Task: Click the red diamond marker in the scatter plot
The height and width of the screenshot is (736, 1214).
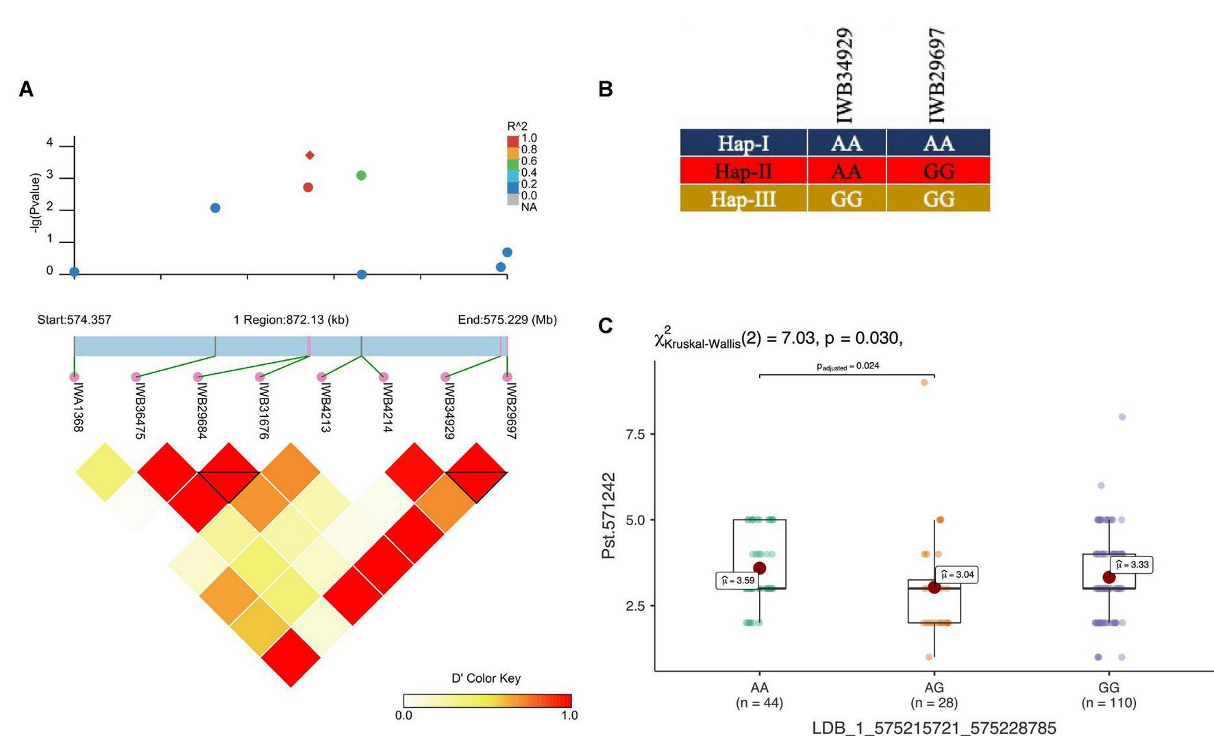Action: click(x=310, y=155)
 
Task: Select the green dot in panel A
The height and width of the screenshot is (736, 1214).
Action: click(x=361, y=175)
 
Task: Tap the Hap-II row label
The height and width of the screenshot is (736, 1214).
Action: click(x=743, y=170)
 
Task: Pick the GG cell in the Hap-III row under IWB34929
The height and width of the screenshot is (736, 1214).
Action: click(x=846, y=199)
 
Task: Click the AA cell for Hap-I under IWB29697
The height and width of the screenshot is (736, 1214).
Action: click(x=938, y=143)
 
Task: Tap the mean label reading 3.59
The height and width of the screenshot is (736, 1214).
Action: click(x=737, y=581)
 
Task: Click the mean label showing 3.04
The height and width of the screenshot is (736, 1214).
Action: click(x=956, y=574)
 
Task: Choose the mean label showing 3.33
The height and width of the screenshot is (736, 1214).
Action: click(x=1132, y=565)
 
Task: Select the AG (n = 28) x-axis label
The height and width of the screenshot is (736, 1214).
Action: click(x=934, y=695)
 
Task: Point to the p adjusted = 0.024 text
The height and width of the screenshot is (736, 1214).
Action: click(x=847, y=366)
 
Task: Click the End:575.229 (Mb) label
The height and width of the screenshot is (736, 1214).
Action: click(x=507, y=320)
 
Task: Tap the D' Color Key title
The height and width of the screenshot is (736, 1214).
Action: click(x=486, y=678)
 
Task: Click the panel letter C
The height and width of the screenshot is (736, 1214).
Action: click(x=605, y=326)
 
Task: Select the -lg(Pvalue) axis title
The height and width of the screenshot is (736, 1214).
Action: click(x=35, y=202)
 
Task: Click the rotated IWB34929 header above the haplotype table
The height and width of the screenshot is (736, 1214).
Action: click(x=845, y=75)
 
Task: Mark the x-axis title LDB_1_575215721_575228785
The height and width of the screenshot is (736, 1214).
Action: click(x=934, y=727)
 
